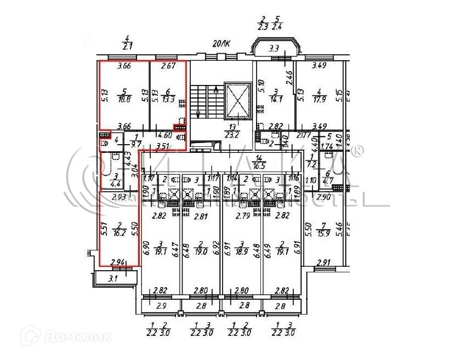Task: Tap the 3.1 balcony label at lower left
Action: pyautogui.click(x=112, y=279)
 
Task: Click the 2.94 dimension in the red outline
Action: pyautogui.click(x=117, y=263)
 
